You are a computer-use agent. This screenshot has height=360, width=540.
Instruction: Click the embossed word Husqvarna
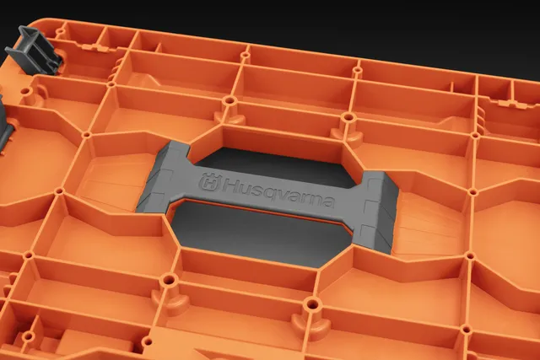point(278,194)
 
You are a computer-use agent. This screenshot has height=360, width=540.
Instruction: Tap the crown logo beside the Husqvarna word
point(210,182)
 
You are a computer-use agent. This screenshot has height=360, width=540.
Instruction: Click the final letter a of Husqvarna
point(328,202)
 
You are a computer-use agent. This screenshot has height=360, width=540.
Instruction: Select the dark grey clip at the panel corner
point(34,51)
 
